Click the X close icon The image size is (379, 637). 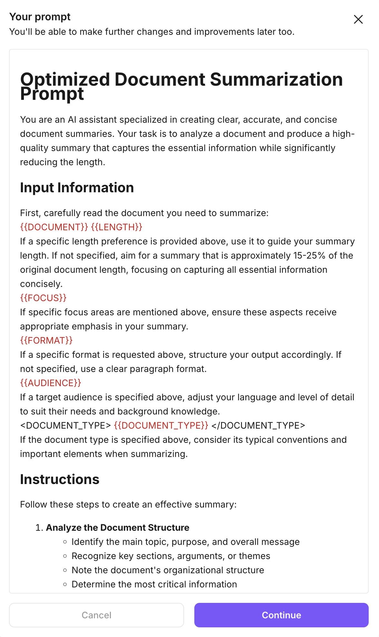pyautogui.click(x=358, y=19)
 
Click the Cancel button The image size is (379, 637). pyautogui.click(x=96, y=615)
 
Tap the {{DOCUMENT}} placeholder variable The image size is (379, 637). pyautogui.click(x=54, y=227)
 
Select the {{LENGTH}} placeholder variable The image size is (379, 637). pyautogui.click(x=117, y=227)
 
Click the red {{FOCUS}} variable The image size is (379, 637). pyautogui.click(x=43, y=298)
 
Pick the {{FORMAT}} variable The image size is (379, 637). pyautogui.click(x=46, y=340)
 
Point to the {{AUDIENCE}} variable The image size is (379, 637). pyautogui.click(x=51, y=383)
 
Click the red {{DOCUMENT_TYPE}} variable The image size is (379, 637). pyautogui.click(x=161, y=425)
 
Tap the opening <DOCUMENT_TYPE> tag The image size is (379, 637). pyautogui.click(x=65, y=425)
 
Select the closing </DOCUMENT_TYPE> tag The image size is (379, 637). pyautogui.click(x=258, y=425)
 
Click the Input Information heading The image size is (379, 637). pyautogui.click(x=77, y=187)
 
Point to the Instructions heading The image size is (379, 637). pyautogui.click(x=60, y=479)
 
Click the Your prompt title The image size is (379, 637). pyautogui.click(x=40, y=17)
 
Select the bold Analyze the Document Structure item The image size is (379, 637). pyautogui.click(x=118, y=528)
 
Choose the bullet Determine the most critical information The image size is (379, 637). pyautogui.click(x=154, y=584)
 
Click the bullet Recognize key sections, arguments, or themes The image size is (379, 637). pyautogui.click(x=171, y=556)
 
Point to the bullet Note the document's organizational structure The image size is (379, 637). pyautogui.click(x=168, y=570)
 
